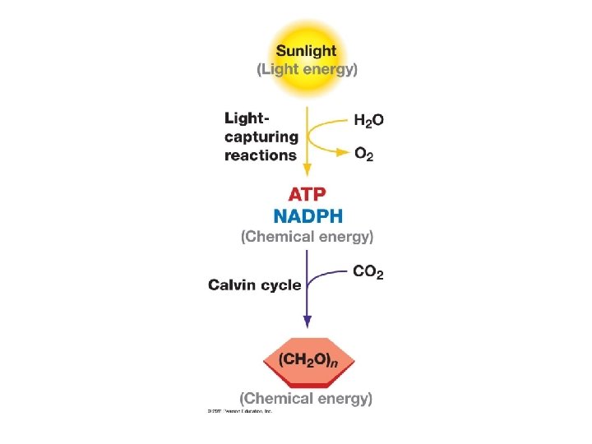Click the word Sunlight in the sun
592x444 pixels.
tap(307, 50)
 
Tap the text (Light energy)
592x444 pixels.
tap(307, 69)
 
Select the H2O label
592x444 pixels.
tap(368, 120)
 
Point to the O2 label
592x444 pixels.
tap(363, 155)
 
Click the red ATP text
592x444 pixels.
tap(307, 196)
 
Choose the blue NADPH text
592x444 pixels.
tap(308, 216)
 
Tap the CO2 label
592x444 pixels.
tap(368, 272)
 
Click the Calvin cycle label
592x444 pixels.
tap(255, 285)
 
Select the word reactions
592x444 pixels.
tap(261, 155)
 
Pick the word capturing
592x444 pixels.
tap(261, 136)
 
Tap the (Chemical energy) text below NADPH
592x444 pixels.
tap(307, 237)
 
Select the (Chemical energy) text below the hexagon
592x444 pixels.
tap(307, 399)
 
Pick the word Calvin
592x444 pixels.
tap(231, 285)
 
